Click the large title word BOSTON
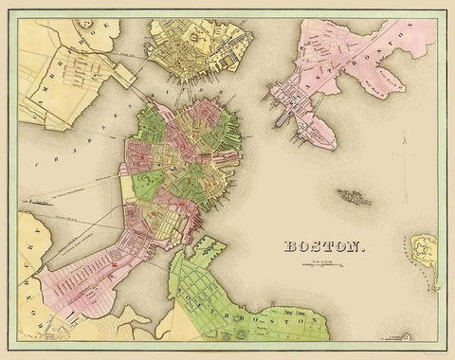pyautogui.click(x=320, y=247)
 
